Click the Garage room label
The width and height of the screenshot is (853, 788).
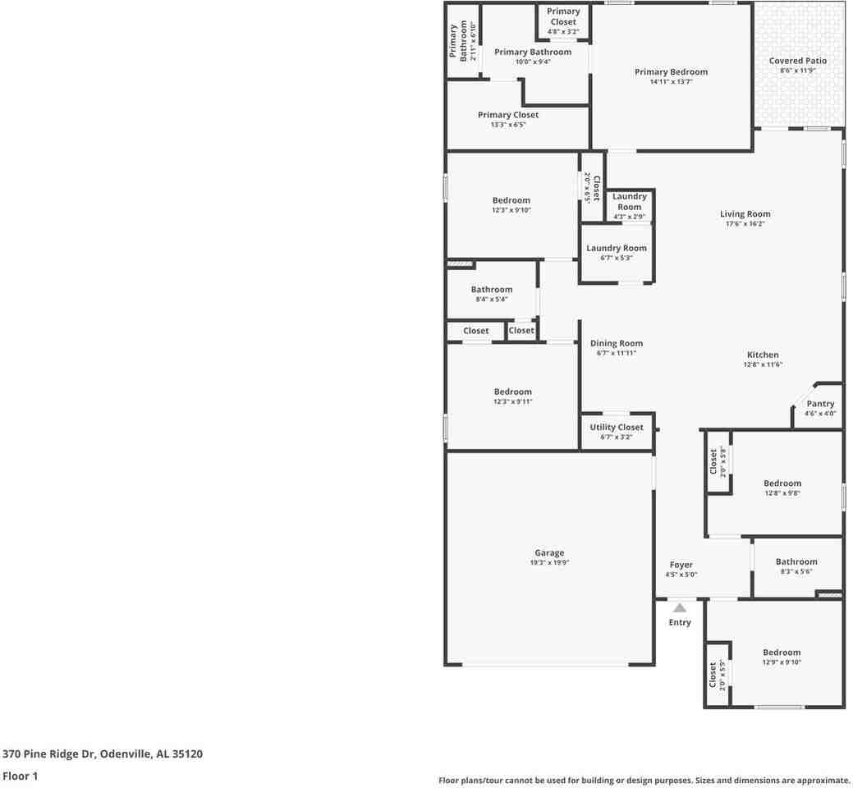tap(549, 553)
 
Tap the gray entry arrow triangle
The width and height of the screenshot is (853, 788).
tap(679, 608)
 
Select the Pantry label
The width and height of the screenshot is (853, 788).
tap(820, 404)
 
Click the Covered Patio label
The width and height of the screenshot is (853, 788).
tap(797, 61)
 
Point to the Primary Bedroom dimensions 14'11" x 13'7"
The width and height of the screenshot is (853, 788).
tap(671, 82)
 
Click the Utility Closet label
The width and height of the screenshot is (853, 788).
tap(616, 427)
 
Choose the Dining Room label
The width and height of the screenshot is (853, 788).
tap(616, 344)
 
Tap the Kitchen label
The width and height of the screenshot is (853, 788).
tap(763, 355)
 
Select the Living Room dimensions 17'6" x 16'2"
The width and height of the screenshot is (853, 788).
tap(745, 224)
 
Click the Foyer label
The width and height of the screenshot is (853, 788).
tap(681, 565)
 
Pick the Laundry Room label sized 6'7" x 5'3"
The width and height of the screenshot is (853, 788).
tap(616, 248)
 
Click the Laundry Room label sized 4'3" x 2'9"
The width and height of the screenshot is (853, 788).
tap(630, 202)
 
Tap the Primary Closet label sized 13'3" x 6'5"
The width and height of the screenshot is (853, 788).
tap(508, 115)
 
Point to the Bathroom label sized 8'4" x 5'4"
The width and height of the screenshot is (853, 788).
tap(491, 290)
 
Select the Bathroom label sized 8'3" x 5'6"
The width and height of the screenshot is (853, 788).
tap(796, 562)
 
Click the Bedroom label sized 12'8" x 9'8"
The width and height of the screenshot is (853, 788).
tap(782, 483)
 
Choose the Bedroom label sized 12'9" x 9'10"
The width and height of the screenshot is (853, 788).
tap(781, 653)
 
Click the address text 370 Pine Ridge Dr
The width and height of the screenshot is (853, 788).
tap(49, 754)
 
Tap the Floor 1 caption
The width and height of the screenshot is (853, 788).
tap(20, 776)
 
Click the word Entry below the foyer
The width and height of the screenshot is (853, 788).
tap(679, 622)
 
